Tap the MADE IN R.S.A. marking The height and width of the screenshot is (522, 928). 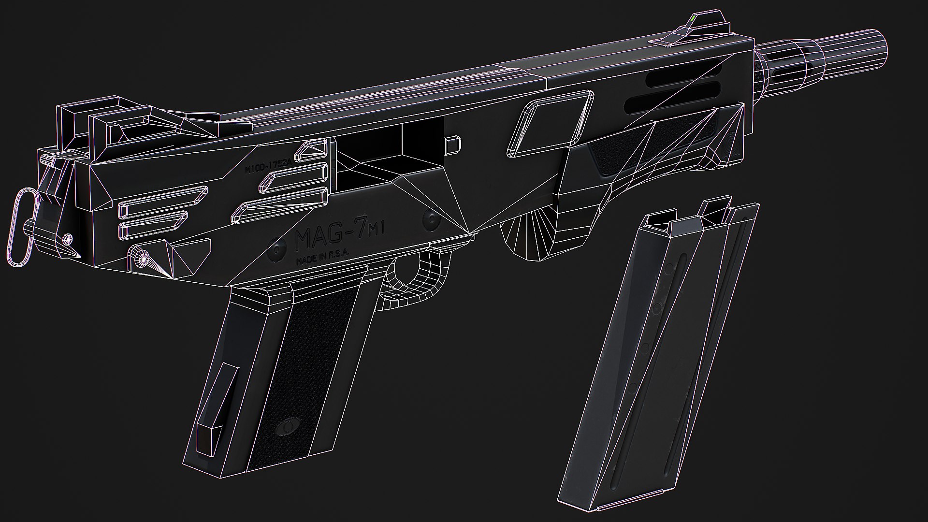point(325,261)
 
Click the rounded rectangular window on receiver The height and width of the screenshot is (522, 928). point(549,125)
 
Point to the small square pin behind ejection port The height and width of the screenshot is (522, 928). point(452,143)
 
